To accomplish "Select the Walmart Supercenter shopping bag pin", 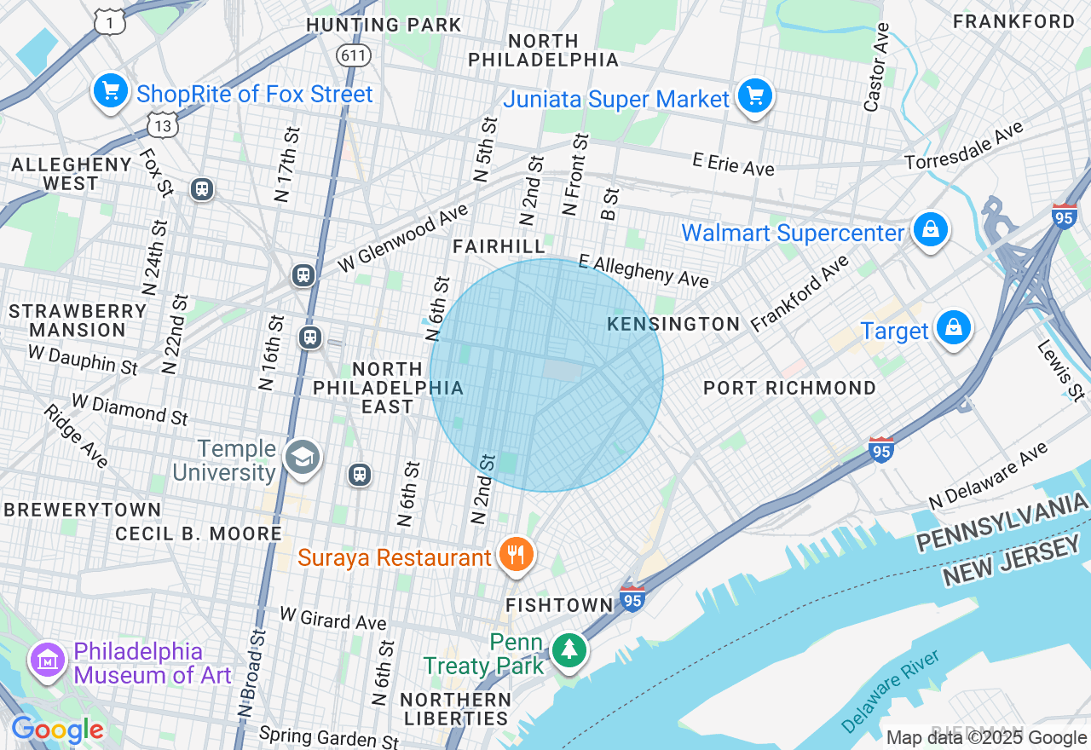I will (931, 230).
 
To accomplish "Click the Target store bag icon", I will (953, 328).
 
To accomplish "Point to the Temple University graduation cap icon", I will (301, 459).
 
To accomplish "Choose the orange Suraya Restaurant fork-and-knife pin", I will (516, 556).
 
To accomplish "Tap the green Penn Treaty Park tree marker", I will (568, 651).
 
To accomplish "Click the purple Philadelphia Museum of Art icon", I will (47, 661).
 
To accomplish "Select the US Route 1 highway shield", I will (109, 21).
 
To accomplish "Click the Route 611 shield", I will (352, 55).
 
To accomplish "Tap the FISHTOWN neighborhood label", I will (559, 605).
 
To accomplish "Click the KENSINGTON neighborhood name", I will (673, 324).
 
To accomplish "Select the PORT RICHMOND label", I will (789, 388).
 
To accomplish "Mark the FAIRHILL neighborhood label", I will (499, 246).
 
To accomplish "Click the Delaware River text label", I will (890, 691).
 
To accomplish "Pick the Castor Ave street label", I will (876, 67).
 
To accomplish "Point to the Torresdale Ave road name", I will (963, 146).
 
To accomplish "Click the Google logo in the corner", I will (57, 730).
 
